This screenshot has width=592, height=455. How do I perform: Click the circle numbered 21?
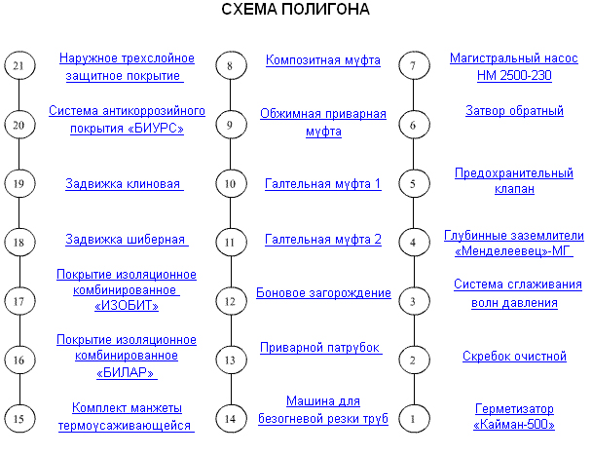click(x=19, y=65)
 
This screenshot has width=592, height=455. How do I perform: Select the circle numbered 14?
click(x=231, y=418)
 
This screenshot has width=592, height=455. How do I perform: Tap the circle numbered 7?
click(x=414, y=65)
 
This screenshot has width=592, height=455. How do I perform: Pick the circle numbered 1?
click(x=414, y=418)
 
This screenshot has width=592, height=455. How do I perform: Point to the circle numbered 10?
click(x=231, y=183)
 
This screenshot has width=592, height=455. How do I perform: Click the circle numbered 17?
click(x=19, y=301)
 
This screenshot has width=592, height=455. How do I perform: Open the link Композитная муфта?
click(x=323, y=60)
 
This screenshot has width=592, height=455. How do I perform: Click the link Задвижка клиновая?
click(x=125, y=184)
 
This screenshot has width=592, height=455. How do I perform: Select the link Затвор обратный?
click(x=514, y=111)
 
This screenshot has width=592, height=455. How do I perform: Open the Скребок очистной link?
click(x=514, y=356)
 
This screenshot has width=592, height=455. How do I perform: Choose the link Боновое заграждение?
click(x=323, y=293)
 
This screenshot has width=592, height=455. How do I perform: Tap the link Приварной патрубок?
click(x=320, y=348)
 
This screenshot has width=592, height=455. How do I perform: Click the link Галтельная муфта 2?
click(x=323, y=240)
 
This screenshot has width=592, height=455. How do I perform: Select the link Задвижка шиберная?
click(x=127, y=240)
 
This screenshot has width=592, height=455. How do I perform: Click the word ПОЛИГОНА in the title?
click(x=326, y=10)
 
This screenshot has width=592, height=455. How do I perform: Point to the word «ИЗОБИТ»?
click(x=127, y=305)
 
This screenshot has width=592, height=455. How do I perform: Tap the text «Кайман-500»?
click(x=514, y=425)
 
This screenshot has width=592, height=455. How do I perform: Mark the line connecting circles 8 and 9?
click(x=231, y=95)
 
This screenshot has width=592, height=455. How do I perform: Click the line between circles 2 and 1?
click(x=414, y=389)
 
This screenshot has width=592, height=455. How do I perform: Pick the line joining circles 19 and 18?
click(x=19, y=212)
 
